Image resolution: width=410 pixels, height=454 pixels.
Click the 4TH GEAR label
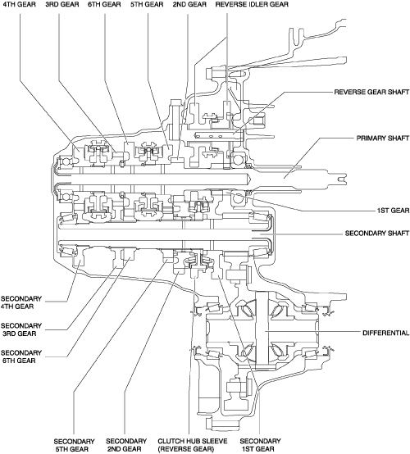[x=19, y=4]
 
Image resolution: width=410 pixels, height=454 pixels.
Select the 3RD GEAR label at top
[x=62, y=4]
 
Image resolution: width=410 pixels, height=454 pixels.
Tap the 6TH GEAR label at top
[x=104, y=4]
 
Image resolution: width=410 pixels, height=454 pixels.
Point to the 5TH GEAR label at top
[x=147, y=4]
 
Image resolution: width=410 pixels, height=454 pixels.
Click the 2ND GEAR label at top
[x=189, y=4]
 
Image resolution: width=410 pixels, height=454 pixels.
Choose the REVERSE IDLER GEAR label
[x=252, y=4]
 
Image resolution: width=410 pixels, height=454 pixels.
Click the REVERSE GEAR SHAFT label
[x=371, y=92]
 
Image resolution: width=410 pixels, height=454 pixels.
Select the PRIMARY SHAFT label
[x=383, y=138]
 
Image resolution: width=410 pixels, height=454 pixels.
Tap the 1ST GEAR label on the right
[x=394, y=211]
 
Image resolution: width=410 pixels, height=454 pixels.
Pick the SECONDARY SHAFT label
[x=377, y=233]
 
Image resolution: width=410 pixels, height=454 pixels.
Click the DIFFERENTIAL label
[x=386, y=333]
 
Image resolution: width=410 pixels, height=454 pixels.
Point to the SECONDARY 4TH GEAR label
[x=21, y=302]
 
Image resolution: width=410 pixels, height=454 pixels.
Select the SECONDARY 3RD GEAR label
[x=21, y=329]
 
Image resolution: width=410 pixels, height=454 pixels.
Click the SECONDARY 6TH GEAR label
[x=21, y=356]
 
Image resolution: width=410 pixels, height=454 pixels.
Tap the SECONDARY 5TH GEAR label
[x=74, y=445]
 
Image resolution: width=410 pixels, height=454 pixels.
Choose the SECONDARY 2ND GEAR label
[x=126, y=445]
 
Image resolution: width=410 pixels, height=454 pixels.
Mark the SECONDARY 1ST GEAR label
[x=260, y=445]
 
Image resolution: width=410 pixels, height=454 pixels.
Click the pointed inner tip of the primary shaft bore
[x=250, y=179]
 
